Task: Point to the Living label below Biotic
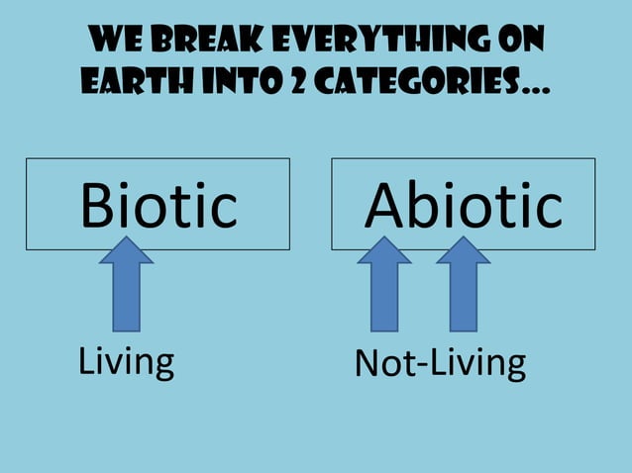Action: pos(126,362)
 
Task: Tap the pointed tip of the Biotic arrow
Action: pos(127,238)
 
